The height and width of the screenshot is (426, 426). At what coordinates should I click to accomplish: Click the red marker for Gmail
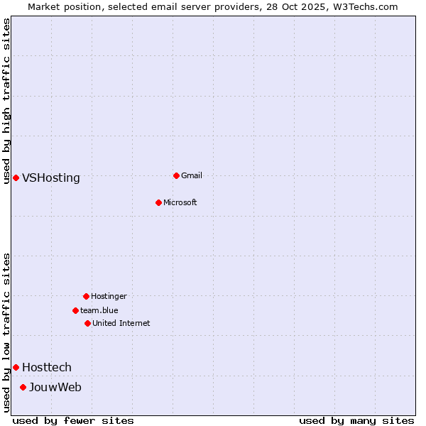pyautogui.click(x=177, y=175)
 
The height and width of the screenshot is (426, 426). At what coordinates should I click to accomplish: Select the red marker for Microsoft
pyautogui.click(x=159, y=202)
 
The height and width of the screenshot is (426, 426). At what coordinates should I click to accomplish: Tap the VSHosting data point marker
pyautogui.click(x=16, y=177)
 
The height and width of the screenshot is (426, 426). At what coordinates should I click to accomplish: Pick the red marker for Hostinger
pyautogui.click(x=86, y=296)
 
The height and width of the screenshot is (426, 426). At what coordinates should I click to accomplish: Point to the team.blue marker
pyautogui.click(x=75, y=310)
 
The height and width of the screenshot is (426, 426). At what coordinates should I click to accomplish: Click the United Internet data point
pyautogui.click(x=87, y=323)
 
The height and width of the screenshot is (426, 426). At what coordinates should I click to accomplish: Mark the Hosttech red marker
pyautogui.click(x=16, y=367)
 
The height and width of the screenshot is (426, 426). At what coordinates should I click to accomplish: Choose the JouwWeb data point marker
pyautogui.click(x=23, y=387)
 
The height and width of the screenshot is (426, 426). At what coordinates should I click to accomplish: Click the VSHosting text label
pyautogui.click(x=51, y=178)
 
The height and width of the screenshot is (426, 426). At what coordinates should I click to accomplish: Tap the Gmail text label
pyautogui.click(x=192, y=175)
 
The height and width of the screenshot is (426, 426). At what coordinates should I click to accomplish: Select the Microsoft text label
pyautogui.click(x=180, y=202)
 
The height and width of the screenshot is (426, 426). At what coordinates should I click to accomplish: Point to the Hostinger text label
pyautogui.click(x=109, y=296)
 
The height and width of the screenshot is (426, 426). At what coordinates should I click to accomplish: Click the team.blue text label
pyautogui.click(x=99, y=310)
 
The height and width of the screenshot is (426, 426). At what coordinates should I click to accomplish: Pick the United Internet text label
pyautogui.click(x=121, y=323)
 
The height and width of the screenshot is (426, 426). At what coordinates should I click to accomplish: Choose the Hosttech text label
pyautogui.click(x=47, y=367)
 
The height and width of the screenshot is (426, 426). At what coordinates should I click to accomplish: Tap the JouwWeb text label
pyautogui.click(x=55, y=387)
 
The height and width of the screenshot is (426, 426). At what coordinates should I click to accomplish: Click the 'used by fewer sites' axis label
pyautogui.click(x=73, y=420)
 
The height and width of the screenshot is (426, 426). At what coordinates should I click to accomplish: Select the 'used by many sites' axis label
pyautogui.click(x=356, y=420)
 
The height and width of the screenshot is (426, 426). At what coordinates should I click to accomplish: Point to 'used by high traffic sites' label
pyautogui.click(x=6, y=102)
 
